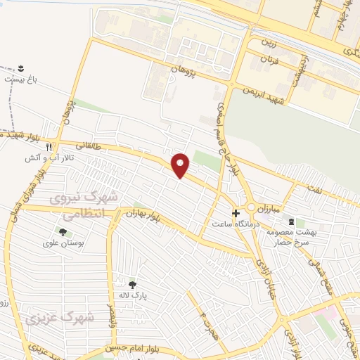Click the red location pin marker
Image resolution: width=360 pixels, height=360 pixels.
point(181,165)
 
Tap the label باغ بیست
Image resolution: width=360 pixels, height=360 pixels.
point(21,79)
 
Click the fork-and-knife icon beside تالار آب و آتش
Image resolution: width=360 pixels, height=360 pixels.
point(49,148)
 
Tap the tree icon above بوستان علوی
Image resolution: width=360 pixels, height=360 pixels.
point(63,231)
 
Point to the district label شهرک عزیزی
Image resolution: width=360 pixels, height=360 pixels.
point(60,318)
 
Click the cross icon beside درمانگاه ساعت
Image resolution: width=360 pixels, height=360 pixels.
point(236,212)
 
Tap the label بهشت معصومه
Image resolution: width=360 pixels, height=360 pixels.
point(297,231)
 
